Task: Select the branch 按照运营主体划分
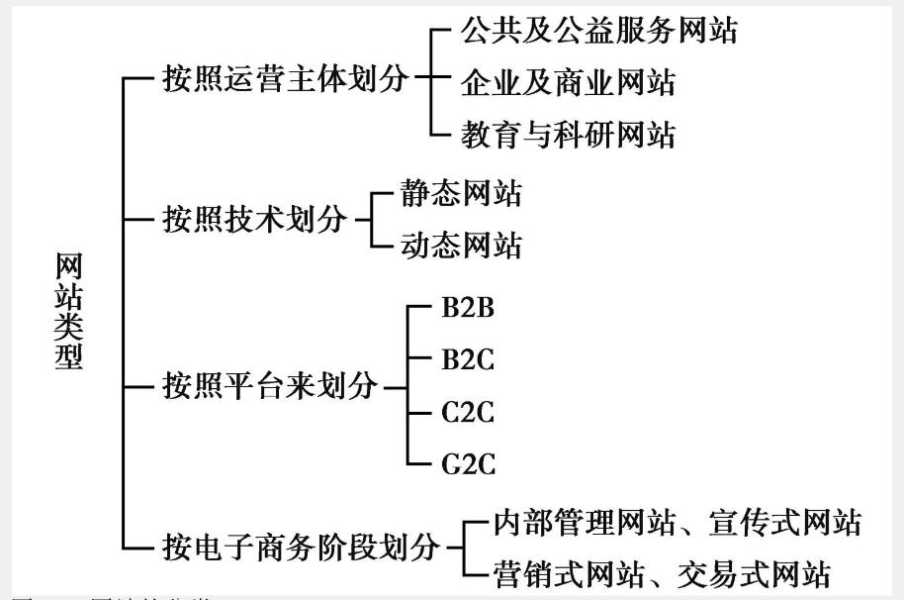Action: pyautogui.click(x=286, y=80)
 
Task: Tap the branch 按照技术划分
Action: pyautogui.click(x=255, y=220)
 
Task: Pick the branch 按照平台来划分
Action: pyautogui.click(x=270, y=386)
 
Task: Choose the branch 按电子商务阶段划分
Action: pyautogui.click(x=301, y=545)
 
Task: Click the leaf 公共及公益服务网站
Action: pyautogui.click(x=598, y=31)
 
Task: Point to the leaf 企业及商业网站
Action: pyautogui.click(x=568, y=82)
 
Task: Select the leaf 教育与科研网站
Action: pyautogui.click(x=568, y=134)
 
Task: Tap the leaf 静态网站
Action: pyautogui.click(x=460, y=193)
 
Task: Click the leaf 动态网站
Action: pyautogui.click(x=460, y=245)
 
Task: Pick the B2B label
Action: pyautogui.click(x=468, y=307)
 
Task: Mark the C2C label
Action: pyautogui.click(x=468, y=411)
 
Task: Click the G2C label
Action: pyautogui.click(x=468, y=462)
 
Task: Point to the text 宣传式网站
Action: pyautogui.click(x=785, y=522)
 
